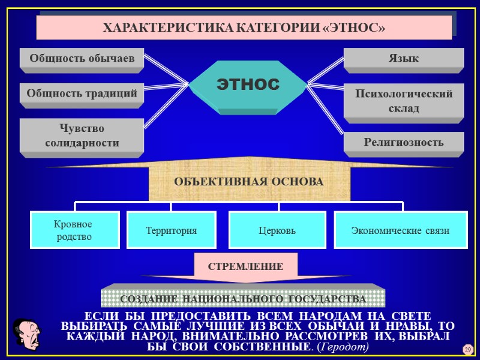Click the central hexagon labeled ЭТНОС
click(x=248, y=84)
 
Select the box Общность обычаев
click(x=82, y=58)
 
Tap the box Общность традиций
click(x=82, y=93)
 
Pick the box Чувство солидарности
click(x=82, y=136)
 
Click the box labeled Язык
click(x=403, y=58)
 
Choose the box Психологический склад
click(x=403, y=101)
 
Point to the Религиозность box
click(x=403, y=142)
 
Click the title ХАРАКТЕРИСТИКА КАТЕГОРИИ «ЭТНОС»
click(x=244, y=28)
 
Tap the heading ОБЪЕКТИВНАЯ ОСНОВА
click(x=248, y=181)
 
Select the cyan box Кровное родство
click(x=74, y=230)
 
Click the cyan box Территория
click(x=172, y=230)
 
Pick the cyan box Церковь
click(x=277, y=230)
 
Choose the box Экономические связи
click(x=400, y=230)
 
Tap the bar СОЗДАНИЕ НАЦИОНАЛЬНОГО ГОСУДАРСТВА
click(x=243, y=299)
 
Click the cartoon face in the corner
click(x=26, y=334)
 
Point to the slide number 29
click(x=467, y=350)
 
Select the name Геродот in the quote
click(x=344, y=347)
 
